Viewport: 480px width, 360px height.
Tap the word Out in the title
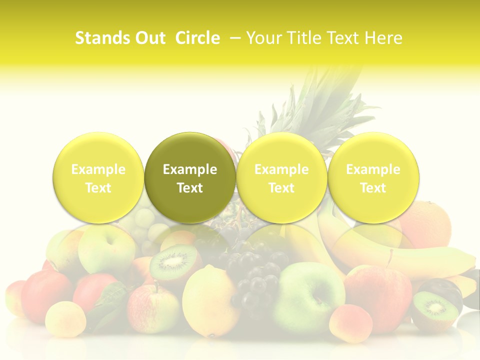(149, 38)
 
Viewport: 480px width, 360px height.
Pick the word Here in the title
(383, 38)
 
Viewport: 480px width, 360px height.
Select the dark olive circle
(190, 177)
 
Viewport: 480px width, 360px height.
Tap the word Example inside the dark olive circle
(190, 169)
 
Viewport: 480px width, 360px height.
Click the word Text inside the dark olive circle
(190, 188)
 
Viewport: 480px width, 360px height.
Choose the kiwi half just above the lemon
(173, 262)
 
